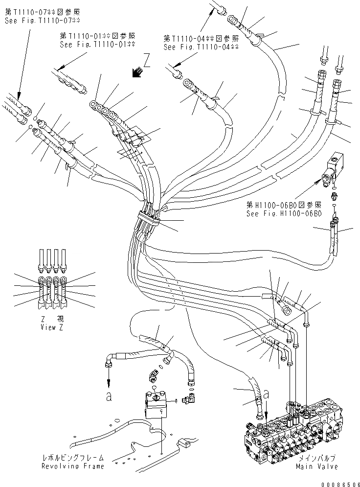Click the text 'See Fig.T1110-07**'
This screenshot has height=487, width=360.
43,21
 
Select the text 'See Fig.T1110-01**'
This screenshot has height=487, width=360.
97,44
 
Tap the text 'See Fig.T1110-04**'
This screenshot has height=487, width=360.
201,47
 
